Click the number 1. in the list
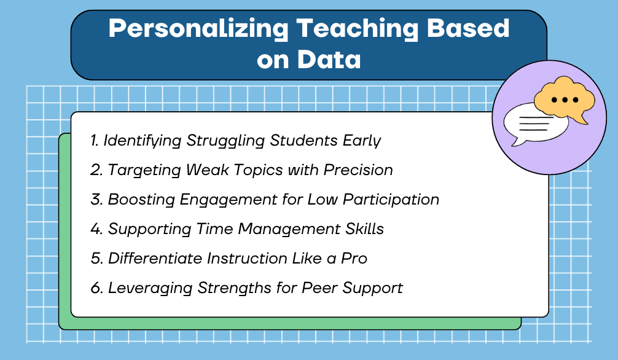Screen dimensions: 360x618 click(x=95, y=140)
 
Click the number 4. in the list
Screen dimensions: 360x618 click(x=96, y=229)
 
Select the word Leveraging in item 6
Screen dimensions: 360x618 click(x=145, y=288)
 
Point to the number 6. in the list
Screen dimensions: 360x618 click(x=96, y=288)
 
